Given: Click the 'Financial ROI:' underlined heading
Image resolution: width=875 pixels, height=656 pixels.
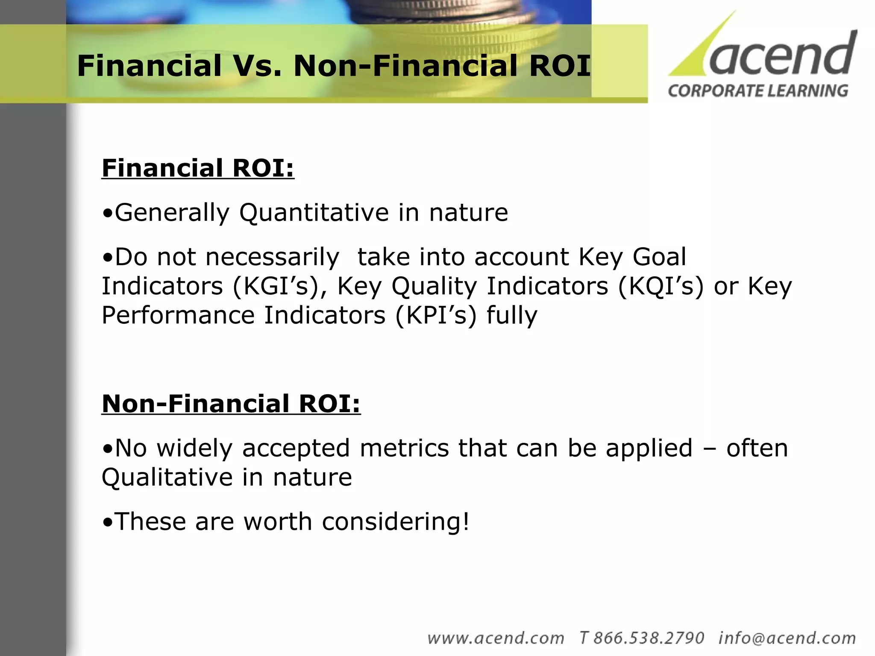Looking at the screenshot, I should (198, 168).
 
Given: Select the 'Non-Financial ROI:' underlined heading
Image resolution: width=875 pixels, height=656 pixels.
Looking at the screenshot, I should (231, 404).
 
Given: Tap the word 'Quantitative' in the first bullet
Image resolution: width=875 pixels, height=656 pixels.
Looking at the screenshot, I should (314, 212).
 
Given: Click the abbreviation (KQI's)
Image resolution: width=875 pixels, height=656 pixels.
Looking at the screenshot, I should (661, 286).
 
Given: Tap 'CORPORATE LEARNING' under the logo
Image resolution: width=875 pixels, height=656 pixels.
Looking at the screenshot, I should (758, 91).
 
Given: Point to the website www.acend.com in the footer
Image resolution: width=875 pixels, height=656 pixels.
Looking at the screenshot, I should (496, 638).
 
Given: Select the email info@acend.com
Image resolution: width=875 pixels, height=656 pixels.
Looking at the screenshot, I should (787, 638).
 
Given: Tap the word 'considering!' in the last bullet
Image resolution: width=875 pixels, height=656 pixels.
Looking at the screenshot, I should (395, 521).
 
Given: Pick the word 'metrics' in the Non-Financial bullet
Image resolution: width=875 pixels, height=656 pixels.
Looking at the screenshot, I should (404, 448).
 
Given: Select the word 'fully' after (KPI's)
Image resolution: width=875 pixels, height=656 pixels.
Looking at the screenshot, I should (512, 315).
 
